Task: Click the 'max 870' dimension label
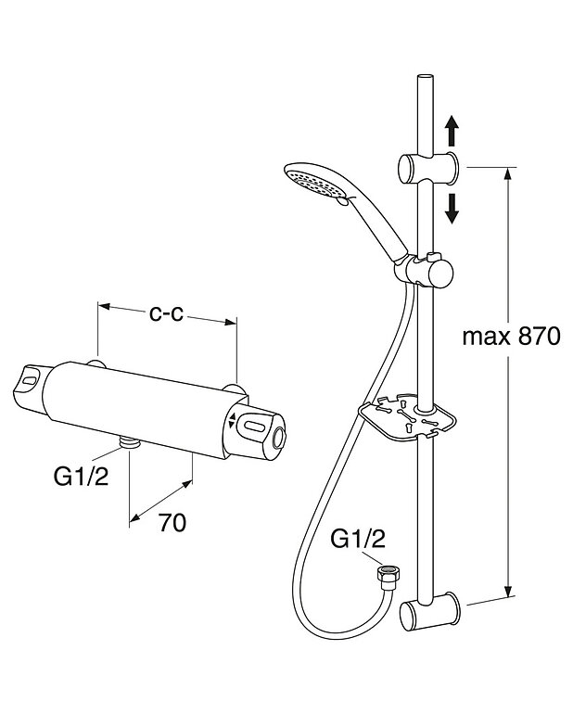(511, 337)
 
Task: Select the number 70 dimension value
(172, 522)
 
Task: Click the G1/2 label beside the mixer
(81, 477)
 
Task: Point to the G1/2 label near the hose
(358, 539)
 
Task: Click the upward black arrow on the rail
(452, 130)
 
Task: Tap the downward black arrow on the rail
(452, 208)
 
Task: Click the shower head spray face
(310, 181)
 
